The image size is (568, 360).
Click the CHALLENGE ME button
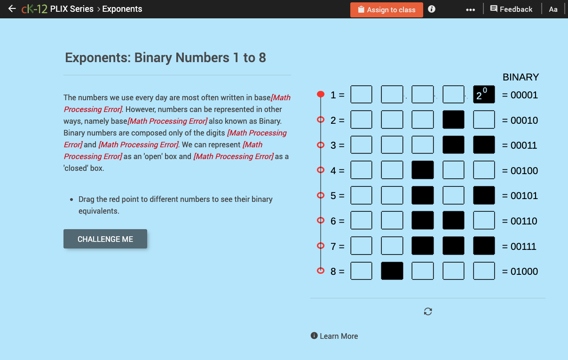[x=105, y=239]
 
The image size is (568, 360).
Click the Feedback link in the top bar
[x=511, y=9]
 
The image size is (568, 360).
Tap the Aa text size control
[x=553, y=9]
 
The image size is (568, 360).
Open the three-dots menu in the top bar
[x=470, y=9]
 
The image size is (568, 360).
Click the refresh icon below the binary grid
[x=428, y=312]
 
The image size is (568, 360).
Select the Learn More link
[x=334, y=336]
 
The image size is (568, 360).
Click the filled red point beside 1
[x=321, y=95]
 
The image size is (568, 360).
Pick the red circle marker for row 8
[x=321, y=271]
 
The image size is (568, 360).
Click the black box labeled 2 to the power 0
[x=484, y=95]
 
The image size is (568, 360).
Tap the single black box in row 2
[x=453, y=120]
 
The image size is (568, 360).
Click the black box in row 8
[x=392, y=271]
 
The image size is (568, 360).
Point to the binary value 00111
[x=520, y=246]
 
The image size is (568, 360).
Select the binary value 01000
[x=520, y=272]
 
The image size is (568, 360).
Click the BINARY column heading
[x=521, y=77]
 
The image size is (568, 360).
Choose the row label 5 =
[x=337, y=196]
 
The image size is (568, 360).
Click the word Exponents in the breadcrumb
[x=122, y=9]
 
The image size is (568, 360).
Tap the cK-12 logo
[x=34, y=9]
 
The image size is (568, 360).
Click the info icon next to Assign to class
[x=432, y=9]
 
